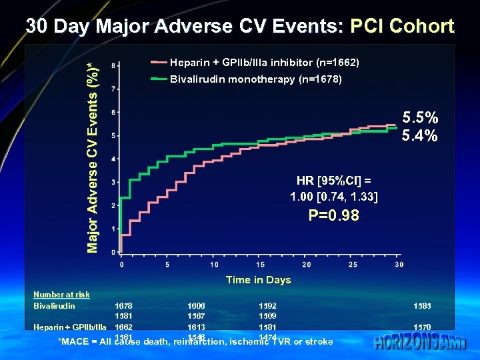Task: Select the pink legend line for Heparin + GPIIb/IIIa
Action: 159,63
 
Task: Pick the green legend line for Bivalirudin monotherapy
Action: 159,79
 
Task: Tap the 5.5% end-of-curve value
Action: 420,119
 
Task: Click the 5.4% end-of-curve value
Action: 420,136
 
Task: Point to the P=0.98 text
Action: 333,215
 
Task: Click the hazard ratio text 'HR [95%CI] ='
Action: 334,181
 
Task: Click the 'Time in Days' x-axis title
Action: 258,280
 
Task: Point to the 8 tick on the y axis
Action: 113,65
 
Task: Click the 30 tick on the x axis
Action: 399,265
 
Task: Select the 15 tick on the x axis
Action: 259,265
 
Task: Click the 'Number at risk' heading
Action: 61,295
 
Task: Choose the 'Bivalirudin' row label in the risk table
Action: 54,306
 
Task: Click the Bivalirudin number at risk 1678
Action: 123,306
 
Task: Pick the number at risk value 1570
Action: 422,327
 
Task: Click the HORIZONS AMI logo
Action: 420,343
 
